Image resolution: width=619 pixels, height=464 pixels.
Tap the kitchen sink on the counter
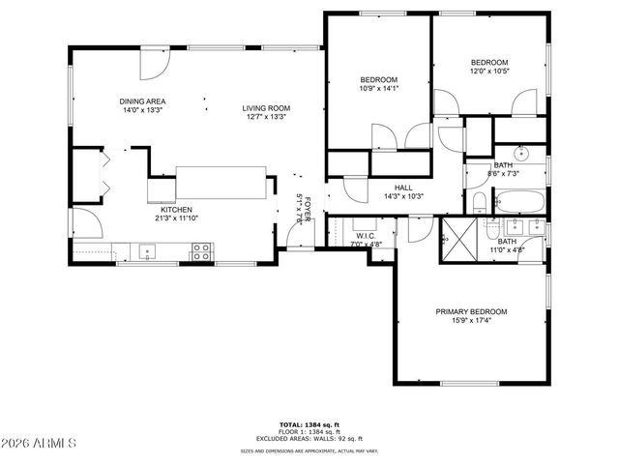click(x=148, y=252)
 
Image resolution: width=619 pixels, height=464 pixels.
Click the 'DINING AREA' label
click(x=141, y=101)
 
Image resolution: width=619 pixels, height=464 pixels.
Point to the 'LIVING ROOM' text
click(x=266, y=108)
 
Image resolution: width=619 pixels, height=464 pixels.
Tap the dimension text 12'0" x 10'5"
click(x=489, y=71)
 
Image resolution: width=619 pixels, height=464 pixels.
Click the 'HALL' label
click(x=404, y=188)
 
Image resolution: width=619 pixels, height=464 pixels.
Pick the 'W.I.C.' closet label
click(x=366, y=235)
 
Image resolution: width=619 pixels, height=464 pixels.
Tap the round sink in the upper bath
click(x=520, y=152)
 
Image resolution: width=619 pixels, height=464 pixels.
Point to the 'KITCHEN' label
click(x=176, y=210)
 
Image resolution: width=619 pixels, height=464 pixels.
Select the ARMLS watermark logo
click(x=41, y=443)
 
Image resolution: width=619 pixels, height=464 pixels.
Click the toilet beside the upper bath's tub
click(x=479, y=202)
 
